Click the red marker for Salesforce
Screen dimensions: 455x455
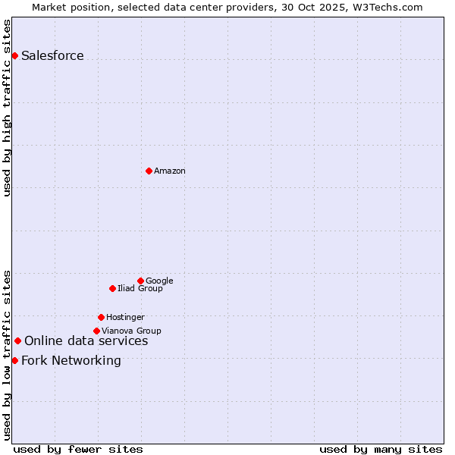(14, 55)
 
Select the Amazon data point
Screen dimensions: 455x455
(149, 171)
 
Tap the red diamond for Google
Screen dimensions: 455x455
(140, 281)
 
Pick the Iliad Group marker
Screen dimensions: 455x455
(112, 288)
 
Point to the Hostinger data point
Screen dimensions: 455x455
(101, 317)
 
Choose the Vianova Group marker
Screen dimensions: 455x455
(96, 331)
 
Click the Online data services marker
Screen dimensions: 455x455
(17, 341)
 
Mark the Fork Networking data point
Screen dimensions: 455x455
(14, 360)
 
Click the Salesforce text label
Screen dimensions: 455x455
(52, 56)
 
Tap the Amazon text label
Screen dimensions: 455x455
(170, 171)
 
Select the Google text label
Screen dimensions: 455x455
(159, 281)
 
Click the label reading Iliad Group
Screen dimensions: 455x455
(140, 289)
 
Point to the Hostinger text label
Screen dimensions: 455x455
(125, 318)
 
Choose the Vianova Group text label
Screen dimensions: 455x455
(131, 331)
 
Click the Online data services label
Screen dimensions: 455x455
(86, 341)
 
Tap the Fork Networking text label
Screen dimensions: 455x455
(71, 361)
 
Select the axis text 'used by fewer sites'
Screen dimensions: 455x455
(78, 449)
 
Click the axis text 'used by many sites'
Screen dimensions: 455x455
(381, 449)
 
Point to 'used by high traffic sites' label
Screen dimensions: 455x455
(8, 108)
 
